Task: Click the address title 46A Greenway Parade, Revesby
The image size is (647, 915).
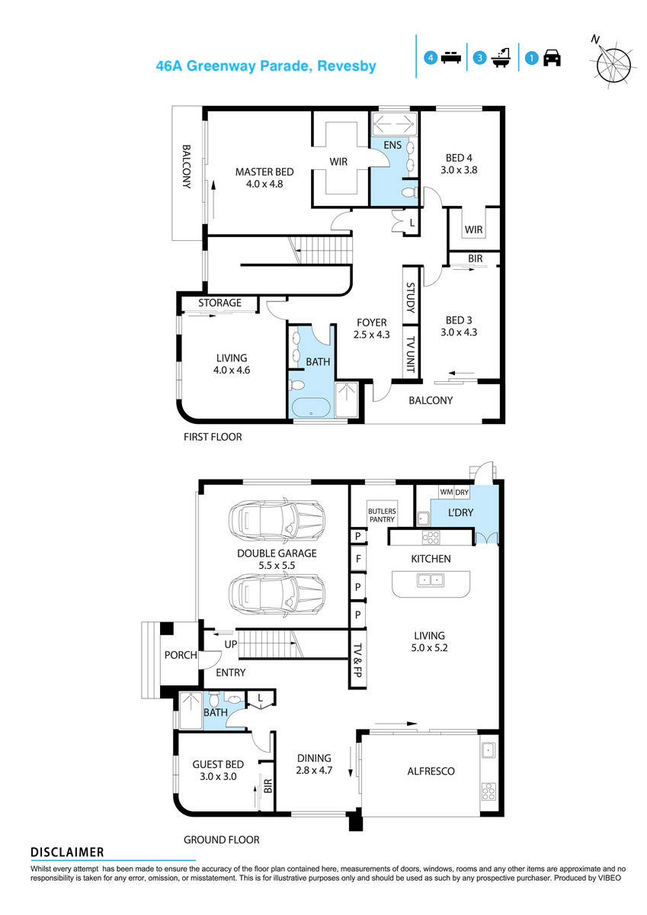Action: coord(266,66)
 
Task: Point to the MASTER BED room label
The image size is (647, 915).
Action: coord(264,172)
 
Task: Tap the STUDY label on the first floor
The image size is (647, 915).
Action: coord(410,298)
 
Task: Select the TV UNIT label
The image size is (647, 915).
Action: coord(410,351)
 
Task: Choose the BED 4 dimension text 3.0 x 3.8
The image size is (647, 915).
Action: coord(459,171)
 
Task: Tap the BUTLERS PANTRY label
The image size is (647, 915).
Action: coord(381,515)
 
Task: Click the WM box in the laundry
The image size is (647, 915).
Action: coord(447,493)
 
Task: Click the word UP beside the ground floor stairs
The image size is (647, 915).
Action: coord(229,645)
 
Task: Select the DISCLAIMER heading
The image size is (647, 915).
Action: coord(67,852)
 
